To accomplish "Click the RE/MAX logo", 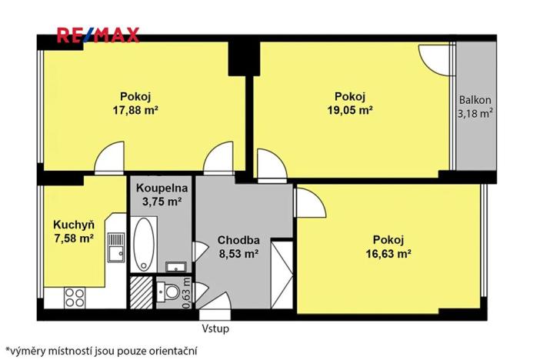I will click(97, 34).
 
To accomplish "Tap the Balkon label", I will click(475, 101).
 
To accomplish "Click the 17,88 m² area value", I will click(135, 109).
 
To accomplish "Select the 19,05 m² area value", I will click(349, 109).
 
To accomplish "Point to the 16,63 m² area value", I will click(388, 251).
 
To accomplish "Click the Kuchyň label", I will click(73, 225).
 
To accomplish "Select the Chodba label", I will click(238, 238).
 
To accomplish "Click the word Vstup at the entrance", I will click(215, 328).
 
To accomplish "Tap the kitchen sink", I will click(117, 248).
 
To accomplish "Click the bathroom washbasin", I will click(176, 267).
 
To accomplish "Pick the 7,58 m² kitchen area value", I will click(73, 238).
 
